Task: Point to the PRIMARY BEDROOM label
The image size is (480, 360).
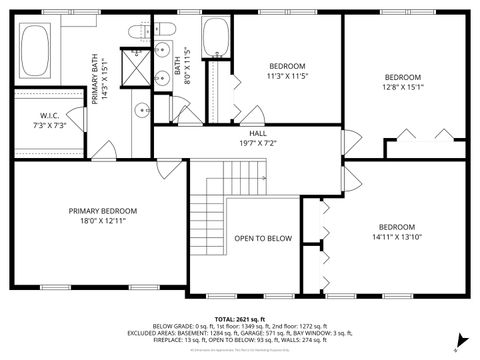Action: (102, 211)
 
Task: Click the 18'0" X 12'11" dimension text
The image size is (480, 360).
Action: (102, 220)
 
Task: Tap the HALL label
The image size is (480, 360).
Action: (257, 133)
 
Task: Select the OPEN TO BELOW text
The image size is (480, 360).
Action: (263, 239)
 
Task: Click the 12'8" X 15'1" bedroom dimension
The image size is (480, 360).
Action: (404, 86)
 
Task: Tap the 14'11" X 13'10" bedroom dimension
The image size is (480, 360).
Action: (396, 237)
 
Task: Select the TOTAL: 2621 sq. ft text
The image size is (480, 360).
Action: (239, 317)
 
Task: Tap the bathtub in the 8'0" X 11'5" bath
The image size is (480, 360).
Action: (214, 40)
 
